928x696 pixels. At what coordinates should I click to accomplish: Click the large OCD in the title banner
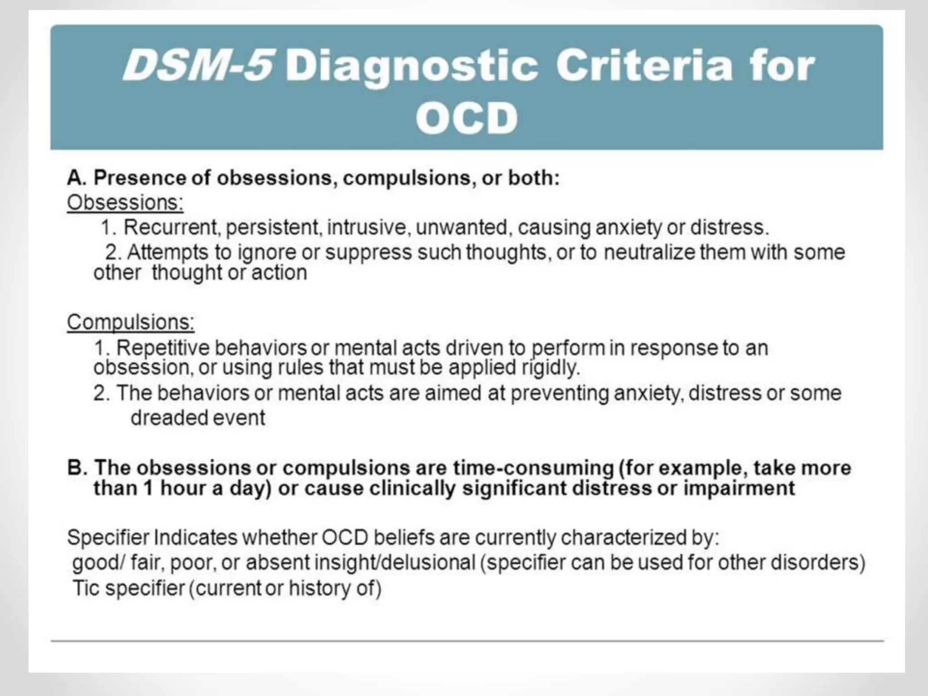pos(466,118)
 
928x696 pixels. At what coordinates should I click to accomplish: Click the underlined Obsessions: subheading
pos(125,203)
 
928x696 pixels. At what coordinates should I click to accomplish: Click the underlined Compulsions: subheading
pos(130,322)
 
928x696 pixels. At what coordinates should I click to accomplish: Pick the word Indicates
pos(196,538)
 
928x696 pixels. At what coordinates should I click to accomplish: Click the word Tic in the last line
pos(86,589)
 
